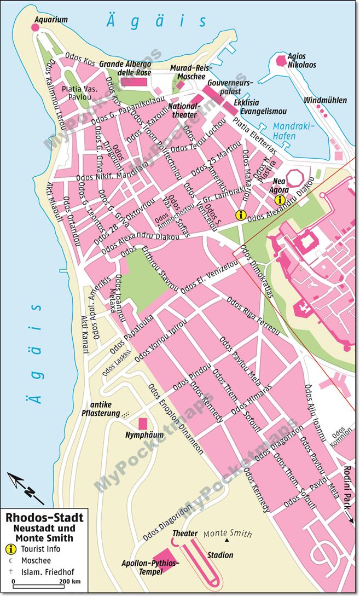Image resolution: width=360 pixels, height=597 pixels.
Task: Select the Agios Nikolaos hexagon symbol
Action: (x=282, y=60)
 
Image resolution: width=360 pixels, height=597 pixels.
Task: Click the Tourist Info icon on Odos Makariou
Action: (x=239, y=215)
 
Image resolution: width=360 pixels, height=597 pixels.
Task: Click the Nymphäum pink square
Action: (x=143, y=424)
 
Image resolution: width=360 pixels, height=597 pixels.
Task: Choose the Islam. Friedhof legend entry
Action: (x=42, y=572)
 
